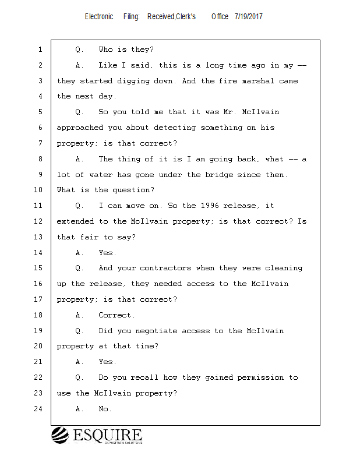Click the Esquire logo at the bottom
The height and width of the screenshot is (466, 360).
(x=97, y=436)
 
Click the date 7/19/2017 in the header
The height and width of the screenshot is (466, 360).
(x=248, y=17)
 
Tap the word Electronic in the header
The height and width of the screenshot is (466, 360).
(x=99, y=17)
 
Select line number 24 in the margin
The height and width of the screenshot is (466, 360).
(x=39, y=409)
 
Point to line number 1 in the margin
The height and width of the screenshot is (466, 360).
(x=40, y=50)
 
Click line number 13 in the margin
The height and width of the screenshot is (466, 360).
(x=39, y=237)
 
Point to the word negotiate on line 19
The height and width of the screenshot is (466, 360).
(x=157, y=331)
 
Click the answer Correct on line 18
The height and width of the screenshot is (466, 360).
(x=117, y=315)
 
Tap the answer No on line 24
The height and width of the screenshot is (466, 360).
(x=105, y=409)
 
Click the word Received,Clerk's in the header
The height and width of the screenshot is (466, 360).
(x=172, y=17)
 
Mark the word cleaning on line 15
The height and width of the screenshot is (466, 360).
(x=284, y=268)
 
